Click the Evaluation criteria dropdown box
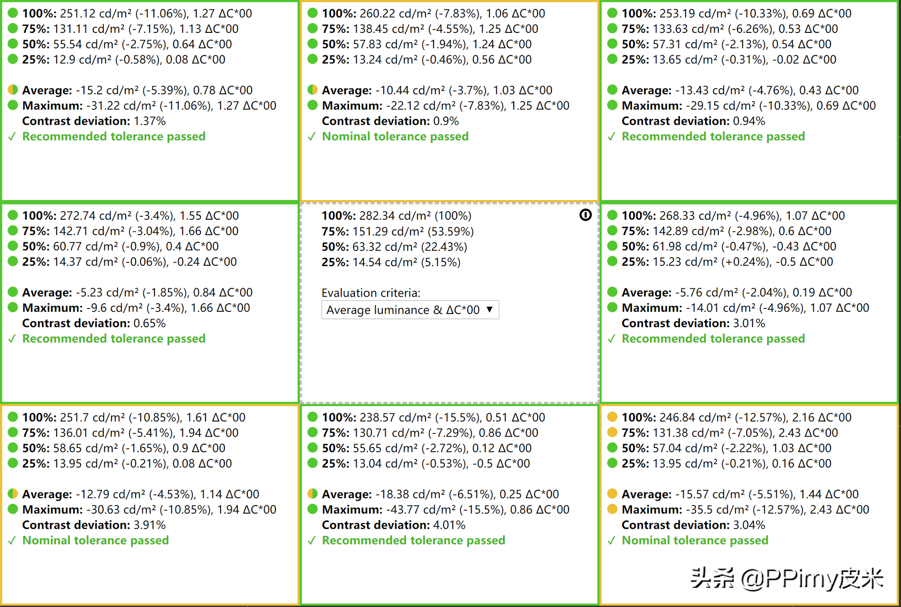(410, 310)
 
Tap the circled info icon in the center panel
(585, 215)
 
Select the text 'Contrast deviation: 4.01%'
(393, 525)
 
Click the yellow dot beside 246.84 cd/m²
(612, 417)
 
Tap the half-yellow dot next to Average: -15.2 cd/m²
(13, 90)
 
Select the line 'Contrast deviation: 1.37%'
(94, 121)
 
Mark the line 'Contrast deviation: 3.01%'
(693, 323)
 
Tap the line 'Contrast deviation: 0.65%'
(94, 323)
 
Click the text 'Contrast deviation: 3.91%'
(94, 525)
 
